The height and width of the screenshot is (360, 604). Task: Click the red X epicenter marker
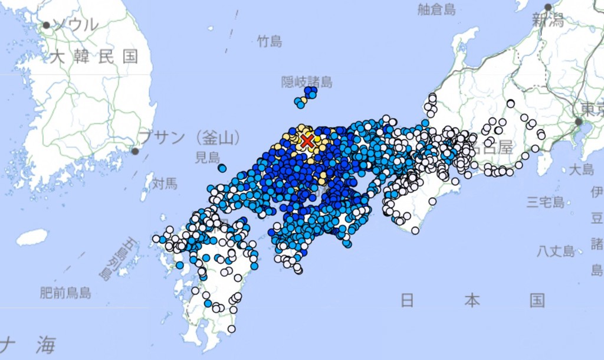pyautogui.click(x=307, y=140)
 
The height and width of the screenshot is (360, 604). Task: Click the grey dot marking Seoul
pyautogui.click(x=46, y=25)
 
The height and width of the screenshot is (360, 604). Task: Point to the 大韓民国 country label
pyautogui.click(x=94, y=57)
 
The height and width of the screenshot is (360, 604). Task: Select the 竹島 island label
pyautogui.click(x=270, y=41)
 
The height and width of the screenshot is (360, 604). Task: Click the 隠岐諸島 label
pyautogui.click(x=307, y=81)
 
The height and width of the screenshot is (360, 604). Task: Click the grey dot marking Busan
pyautogui.click(x=135, y=151)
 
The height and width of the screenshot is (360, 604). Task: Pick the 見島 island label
pyautogui.click(x=207, y=158)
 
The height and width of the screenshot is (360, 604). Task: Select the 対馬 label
pyautogui.click(x=165, y=184)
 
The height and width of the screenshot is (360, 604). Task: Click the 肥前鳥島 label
pyautogui.click(x=65, y=292)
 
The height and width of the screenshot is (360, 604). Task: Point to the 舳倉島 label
pyautogui.click(x=437, y=9)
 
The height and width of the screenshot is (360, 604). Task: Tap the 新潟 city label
pyautogui.click(x=547, y=21)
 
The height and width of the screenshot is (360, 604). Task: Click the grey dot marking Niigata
pyautogui.click(x=548, y=7)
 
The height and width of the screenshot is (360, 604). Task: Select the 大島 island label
pyautogui.click(x=581, y=170)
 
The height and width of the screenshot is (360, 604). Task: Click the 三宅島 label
pyautogui.click(x=546, y=203)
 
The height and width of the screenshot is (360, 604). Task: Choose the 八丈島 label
pyautogui.click(x=556, y=251)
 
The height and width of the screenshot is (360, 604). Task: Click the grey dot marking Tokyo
pyautogui.click(x=579, y=122)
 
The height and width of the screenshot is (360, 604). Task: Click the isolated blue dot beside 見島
pyautogui.click(x=222, y=168)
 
